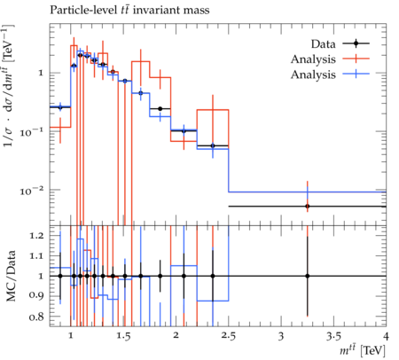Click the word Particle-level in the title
tap(82, 10)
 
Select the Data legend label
tap(323, 44)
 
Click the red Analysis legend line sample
tap(356, 59)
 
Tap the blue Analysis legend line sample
tap(356, 74)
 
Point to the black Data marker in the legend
tap(356, 43)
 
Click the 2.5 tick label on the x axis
tap(229, 336)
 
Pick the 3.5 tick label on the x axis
tap(334, 336)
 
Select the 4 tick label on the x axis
tap(386, 336)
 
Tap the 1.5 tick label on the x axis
tap(123, 336)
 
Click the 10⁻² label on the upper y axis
tap(31, 191)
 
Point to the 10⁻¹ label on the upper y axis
tap(31, 132)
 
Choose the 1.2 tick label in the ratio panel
tap(36, 236)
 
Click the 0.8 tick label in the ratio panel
tap(36, 317)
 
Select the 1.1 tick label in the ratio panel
tap(36, 256)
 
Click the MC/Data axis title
tap(11, 276)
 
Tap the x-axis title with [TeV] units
tap(363, 351)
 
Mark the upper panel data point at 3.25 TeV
tap(308, 207)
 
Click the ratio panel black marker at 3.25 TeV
tap(308, 276)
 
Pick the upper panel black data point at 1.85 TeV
tap(160, 109)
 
